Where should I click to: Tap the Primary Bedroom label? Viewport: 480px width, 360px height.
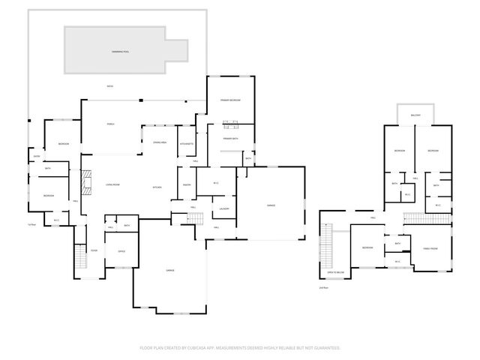pos(229,100)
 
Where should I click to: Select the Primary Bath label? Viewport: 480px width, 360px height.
pos(229,139)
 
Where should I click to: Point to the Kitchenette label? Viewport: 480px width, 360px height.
pos(187,143)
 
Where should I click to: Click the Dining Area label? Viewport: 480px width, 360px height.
pos(159,142)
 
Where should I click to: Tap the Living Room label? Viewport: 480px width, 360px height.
pos(112,184)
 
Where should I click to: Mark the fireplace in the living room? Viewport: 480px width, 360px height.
pos(86,182)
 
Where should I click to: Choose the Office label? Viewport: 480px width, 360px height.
pos(121,251)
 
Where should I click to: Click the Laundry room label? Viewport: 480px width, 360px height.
pos(223,208)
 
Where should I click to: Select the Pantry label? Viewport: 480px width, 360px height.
pos(186,185)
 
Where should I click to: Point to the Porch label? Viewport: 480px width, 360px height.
pos(110,124)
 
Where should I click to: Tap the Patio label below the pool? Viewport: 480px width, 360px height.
pos(110,86)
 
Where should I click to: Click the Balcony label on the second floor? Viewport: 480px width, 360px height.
pos(415,115)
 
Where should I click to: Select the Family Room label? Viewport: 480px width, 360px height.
pos(430,248)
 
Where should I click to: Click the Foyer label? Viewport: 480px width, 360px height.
pos(94,250)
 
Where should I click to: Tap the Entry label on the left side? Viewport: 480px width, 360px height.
pos(35,156)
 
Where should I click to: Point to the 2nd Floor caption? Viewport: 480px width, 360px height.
pos(324,287)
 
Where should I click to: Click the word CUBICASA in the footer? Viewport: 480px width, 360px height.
pos(212,348)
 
